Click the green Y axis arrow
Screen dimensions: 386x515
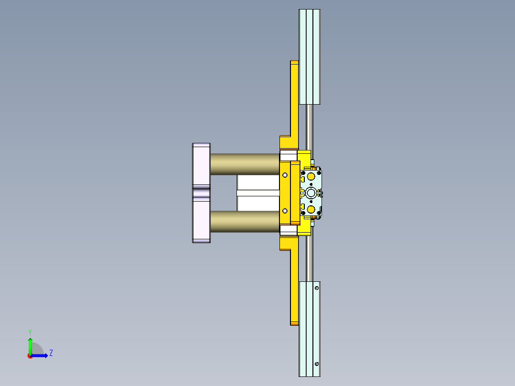tap(30, 344)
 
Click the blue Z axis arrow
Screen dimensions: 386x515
tap(41, 355)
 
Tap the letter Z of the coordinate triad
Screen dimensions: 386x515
tap(51, 353)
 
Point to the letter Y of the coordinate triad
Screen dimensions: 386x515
tap(30, 332)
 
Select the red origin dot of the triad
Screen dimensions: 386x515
tap(30, 356)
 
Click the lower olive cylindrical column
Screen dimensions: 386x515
tap(244, 222)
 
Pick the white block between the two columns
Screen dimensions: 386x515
tap(258, 193)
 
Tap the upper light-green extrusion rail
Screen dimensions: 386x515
tap(309, 56)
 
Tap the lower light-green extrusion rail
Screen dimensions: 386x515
tap(309, 329)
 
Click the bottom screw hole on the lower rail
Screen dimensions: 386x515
tap(317, 365)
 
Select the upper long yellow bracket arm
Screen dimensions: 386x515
tap(294, 100)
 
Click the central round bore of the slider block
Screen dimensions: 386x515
tap(311, 193)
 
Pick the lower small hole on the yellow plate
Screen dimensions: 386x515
tap(285, 211)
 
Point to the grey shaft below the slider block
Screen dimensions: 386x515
tap(310, 258)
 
